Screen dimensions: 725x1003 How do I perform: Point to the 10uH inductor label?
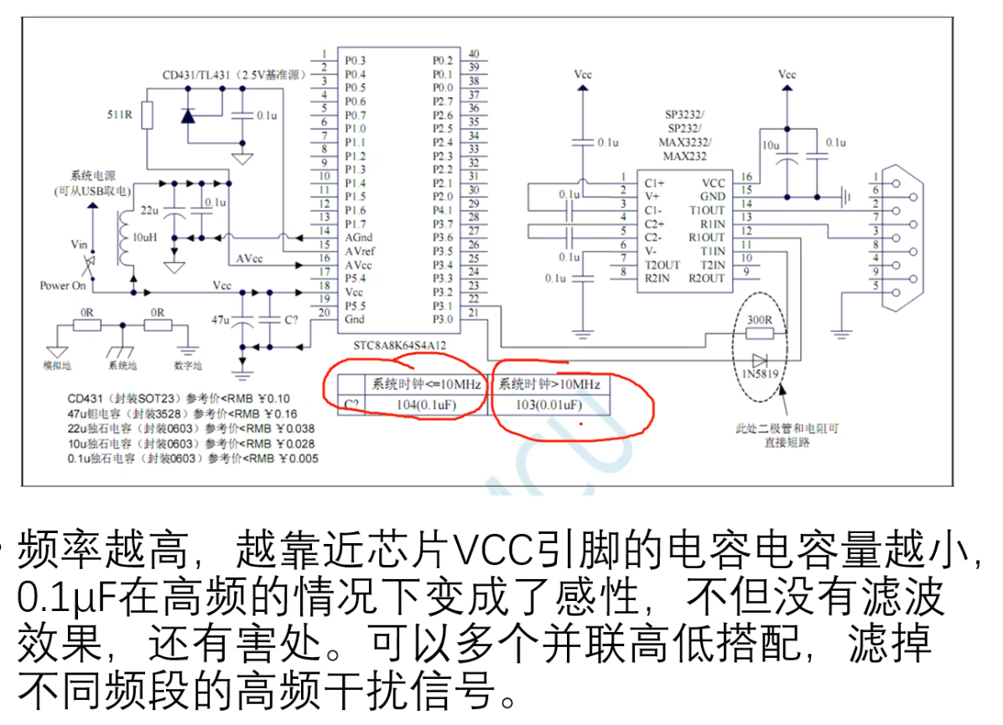145,237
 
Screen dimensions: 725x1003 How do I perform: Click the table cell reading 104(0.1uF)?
427,406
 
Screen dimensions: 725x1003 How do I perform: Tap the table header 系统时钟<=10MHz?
427,385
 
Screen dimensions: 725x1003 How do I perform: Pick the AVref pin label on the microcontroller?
360,251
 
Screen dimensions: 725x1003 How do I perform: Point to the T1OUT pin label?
706,210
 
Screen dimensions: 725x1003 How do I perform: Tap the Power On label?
64,285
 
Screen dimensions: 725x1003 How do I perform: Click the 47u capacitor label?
221,319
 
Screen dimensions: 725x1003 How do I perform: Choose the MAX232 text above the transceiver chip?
684,157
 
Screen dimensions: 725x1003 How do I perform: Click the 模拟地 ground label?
57,365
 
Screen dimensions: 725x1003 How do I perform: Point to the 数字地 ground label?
186,365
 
